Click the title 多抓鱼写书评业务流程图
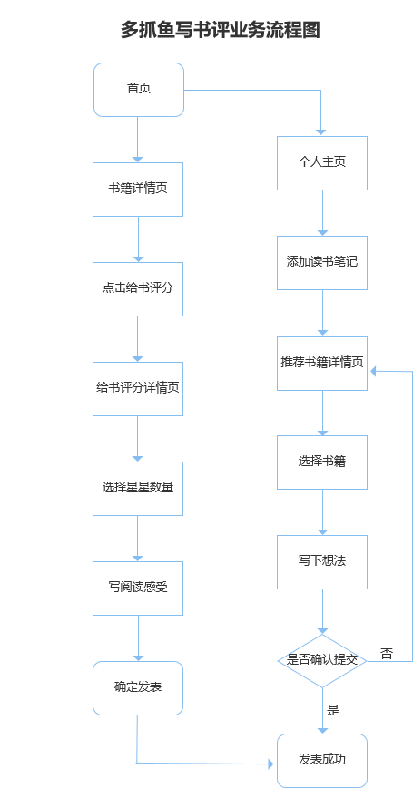[221, 30]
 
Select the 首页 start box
[139, 89]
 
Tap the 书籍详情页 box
[138, 189]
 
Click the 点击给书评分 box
[138, 288]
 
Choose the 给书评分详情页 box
[138, 388]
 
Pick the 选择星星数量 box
[138, 488]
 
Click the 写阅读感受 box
[138, 588]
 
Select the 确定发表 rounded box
[138, 687]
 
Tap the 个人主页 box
[322, 163]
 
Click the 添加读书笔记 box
[322, 263]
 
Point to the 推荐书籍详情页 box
[322, 363]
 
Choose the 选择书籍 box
[322, 462]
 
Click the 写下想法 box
[322, 561]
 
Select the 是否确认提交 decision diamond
[322, 660]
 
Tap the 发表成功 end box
[322, 760]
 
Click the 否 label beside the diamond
[387, 653]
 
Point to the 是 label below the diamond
[333, 710]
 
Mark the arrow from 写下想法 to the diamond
[322, 610]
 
